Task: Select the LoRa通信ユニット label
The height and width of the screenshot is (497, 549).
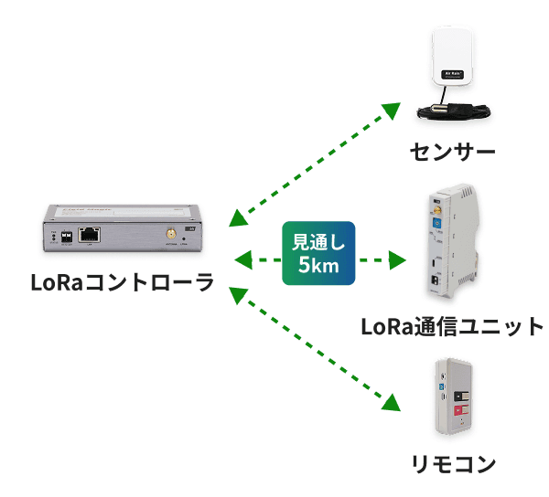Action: (452, 326)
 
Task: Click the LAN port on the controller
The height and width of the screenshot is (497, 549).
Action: (89, 234)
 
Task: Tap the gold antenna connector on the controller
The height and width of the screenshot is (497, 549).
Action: (170, 236)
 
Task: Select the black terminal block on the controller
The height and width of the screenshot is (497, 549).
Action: (66, 235)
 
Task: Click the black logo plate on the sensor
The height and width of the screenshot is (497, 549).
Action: (455, 72)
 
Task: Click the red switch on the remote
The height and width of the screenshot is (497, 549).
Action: (461, 409)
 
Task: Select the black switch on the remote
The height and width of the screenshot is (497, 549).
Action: (461, 392)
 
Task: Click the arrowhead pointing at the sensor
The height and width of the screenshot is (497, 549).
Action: (391, 111)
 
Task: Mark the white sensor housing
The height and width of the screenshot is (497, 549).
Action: (455, 55)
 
